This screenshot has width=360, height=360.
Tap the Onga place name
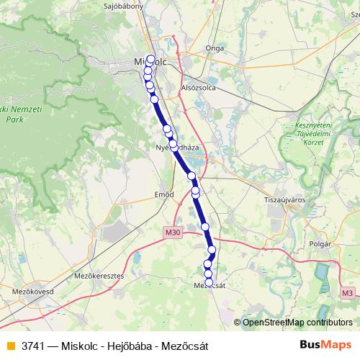[x=215, y=48]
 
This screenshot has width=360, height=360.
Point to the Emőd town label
[x=165, y=194]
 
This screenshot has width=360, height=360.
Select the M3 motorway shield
[x=348, y=292]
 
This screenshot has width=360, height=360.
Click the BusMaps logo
[x=325, y=345]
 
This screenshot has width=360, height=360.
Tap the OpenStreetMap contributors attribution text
[x=297, y=322]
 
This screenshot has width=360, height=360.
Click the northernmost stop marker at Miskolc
[x=150, y=58]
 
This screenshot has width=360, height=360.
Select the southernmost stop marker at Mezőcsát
[x=209, y=282]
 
